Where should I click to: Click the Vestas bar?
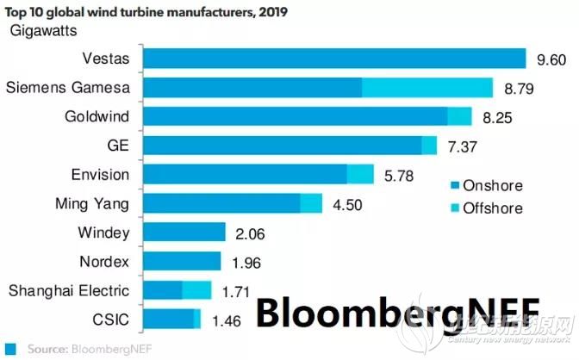(x=334, y=58)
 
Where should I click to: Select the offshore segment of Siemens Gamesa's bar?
(x=427, y=87)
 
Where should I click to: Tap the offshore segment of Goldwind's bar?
(x=460, y=116)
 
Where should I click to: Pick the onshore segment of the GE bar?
(x=283, y=145)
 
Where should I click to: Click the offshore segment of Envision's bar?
(x=360, y=174)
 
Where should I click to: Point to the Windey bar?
(x=184, y=232)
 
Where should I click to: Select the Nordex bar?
(x=182, y=261)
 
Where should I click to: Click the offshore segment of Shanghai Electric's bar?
(x=197, y=290)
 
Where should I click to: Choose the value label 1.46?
(x=226, y=320)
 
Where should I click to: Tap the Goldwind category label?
(x=97, y=116)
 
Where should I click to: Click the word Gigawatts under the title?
(x=44, y=31)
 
